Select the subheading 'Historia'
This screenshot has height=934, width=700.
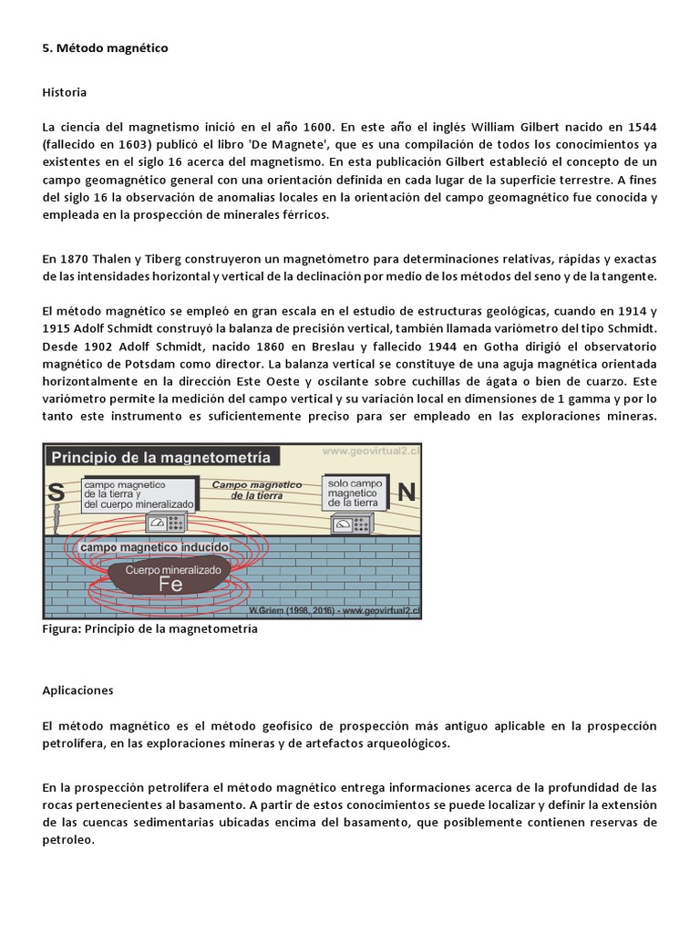[65, 92]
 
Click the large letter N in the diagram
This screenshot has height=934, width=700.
[407, 493]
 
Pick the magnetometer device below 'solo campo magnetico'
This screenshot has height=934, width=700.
[354, 524]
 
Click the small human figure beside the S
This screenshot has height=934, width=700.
[57, 521]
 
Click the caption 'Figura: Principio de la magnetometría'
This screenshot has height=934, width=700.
[150, 629]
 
